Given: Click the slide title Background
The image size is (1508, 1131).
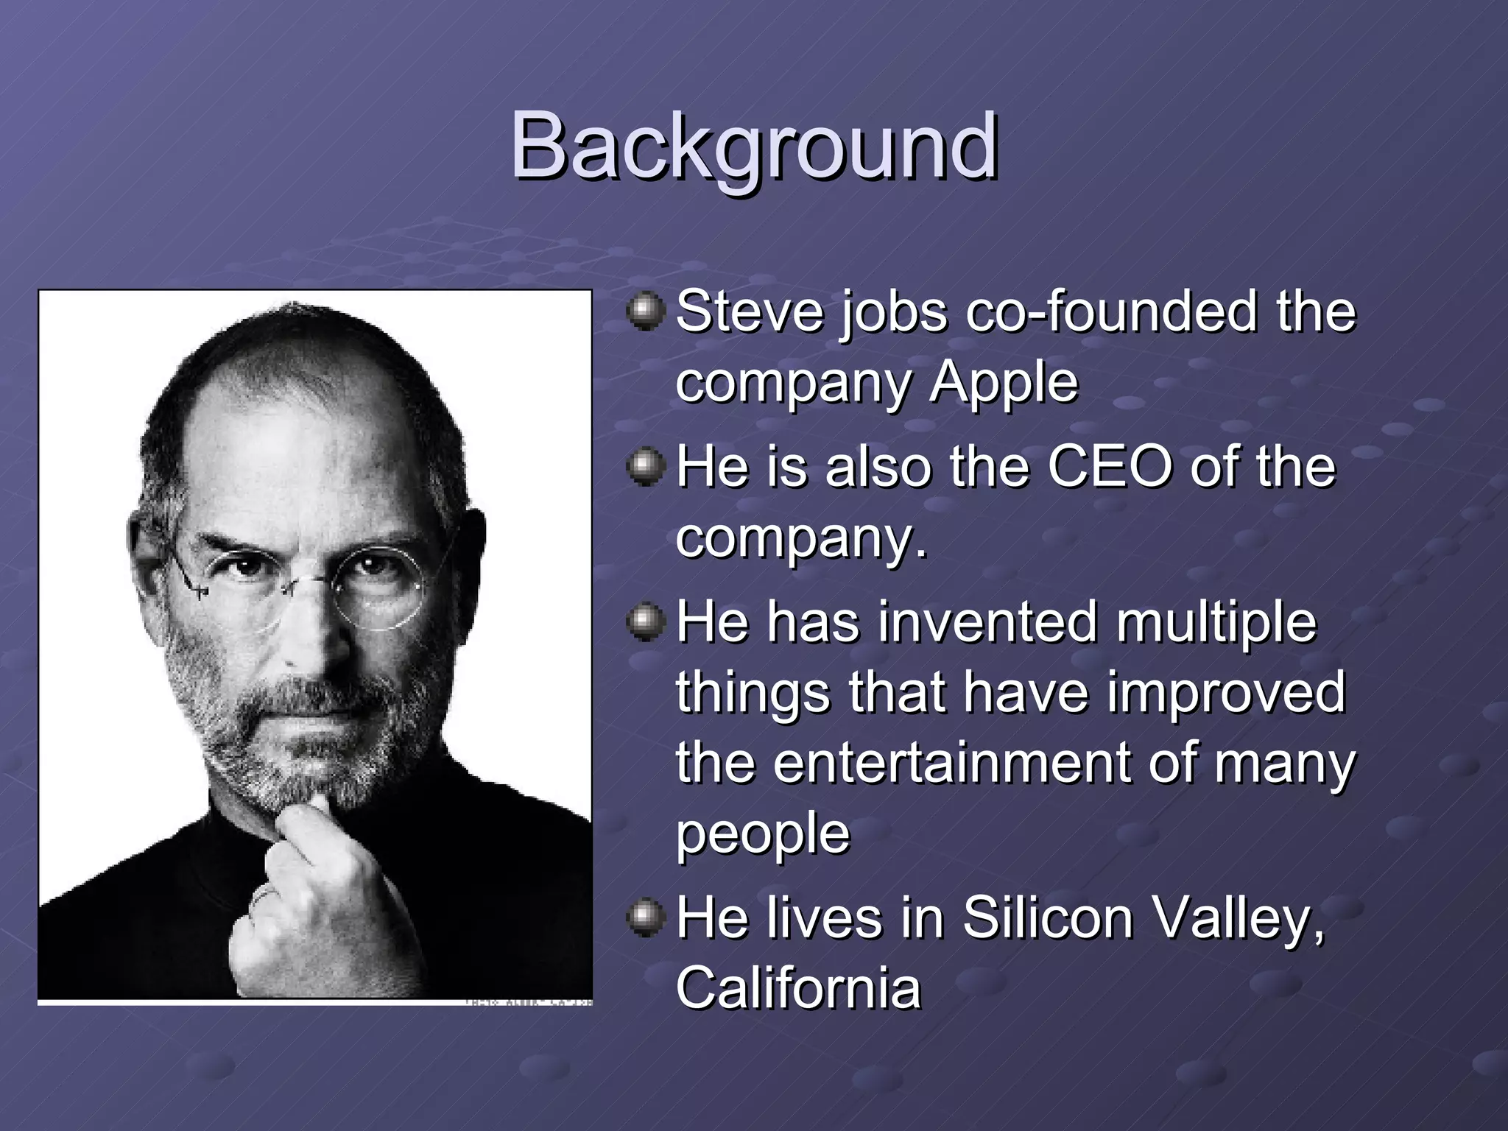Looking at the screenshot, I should pyautogui.click(x=753, y=145).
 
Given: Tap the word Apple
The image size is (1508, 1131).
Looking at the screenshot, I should pyautogui.click(x=1003, y=382).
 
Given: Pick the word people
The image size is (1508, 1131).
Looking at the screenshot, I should pyautogui.click(x=763, y=834).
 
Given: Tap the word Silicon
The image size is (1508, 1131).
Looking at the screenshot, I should pyautogui.click(x=1047, y=917).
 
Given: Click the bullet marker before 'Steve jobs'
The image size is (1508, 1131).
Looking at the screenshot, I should pyautogui.click(x=646, y=312).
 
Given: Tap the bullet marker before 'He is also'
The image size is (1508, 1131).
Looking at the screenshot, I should pyautogui.click(x=646, y=467).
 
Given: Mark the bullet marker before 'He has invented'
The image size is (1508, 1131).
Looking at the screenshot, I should pyautogui.click(x=646, y=622).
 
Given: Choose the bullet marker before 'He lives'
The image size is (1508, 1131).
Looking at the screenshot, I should pyautogui.click(x=646, y=917).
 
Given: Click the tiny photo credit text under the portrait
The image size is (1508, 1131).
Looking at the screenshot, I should pyautogui.click(x=528, y=1002).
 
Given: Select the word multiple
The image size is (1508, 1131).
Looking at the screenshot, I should pyautogui.click(x=1215, y=622).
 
